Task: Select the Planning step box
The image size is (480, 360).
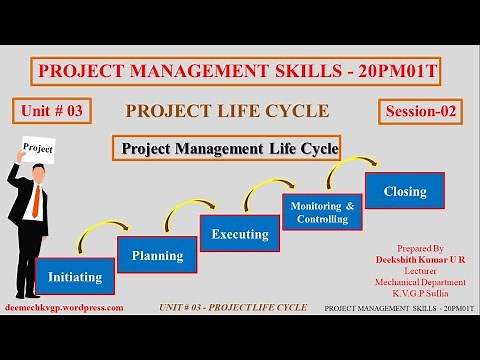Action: [157, 255]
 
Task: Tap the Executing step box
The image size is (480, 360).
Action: [240, 234]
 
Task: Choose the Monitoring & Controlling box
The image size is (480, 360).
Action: [322, 212]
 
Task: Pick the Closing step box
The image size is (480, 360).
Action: [404, 191]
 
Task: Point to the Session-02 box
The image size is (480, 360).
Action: [421, 112]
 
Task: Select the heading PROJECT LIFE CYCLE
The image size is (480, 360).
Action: [227, 111]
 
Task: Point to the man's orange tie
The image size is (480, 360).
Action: [37, 204]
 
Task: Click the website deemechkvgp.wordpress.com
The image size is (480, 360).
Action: [64, 308]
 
